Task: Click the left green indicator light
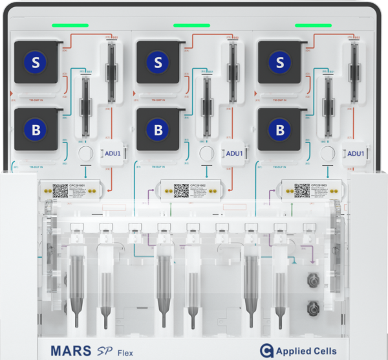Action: pos(70,25)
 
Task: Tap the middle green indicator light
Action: pos(192,25)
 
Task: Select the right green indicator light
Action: pos(314,25)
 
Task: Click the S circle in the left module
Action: pos(36,62)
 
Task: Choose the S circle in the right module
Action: pos(280,62)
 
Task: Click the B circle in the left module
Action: pos(36,129)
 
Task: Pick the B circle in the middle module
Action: pos(158,129)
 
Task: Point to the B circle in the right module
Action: pos(280,129)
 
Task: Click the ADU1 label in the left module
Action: pos(114,153)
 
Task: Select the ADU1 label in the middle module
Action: pos(234,153)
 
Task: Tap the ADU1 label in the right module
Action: pos(356,153)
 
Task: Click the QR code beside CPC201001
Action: pos(60,190)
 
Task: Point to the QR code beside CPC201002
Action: pos(181,190)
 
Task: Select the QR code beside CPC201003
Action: pos(302,190)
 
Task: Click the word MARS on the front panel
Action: pos(72,350)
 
